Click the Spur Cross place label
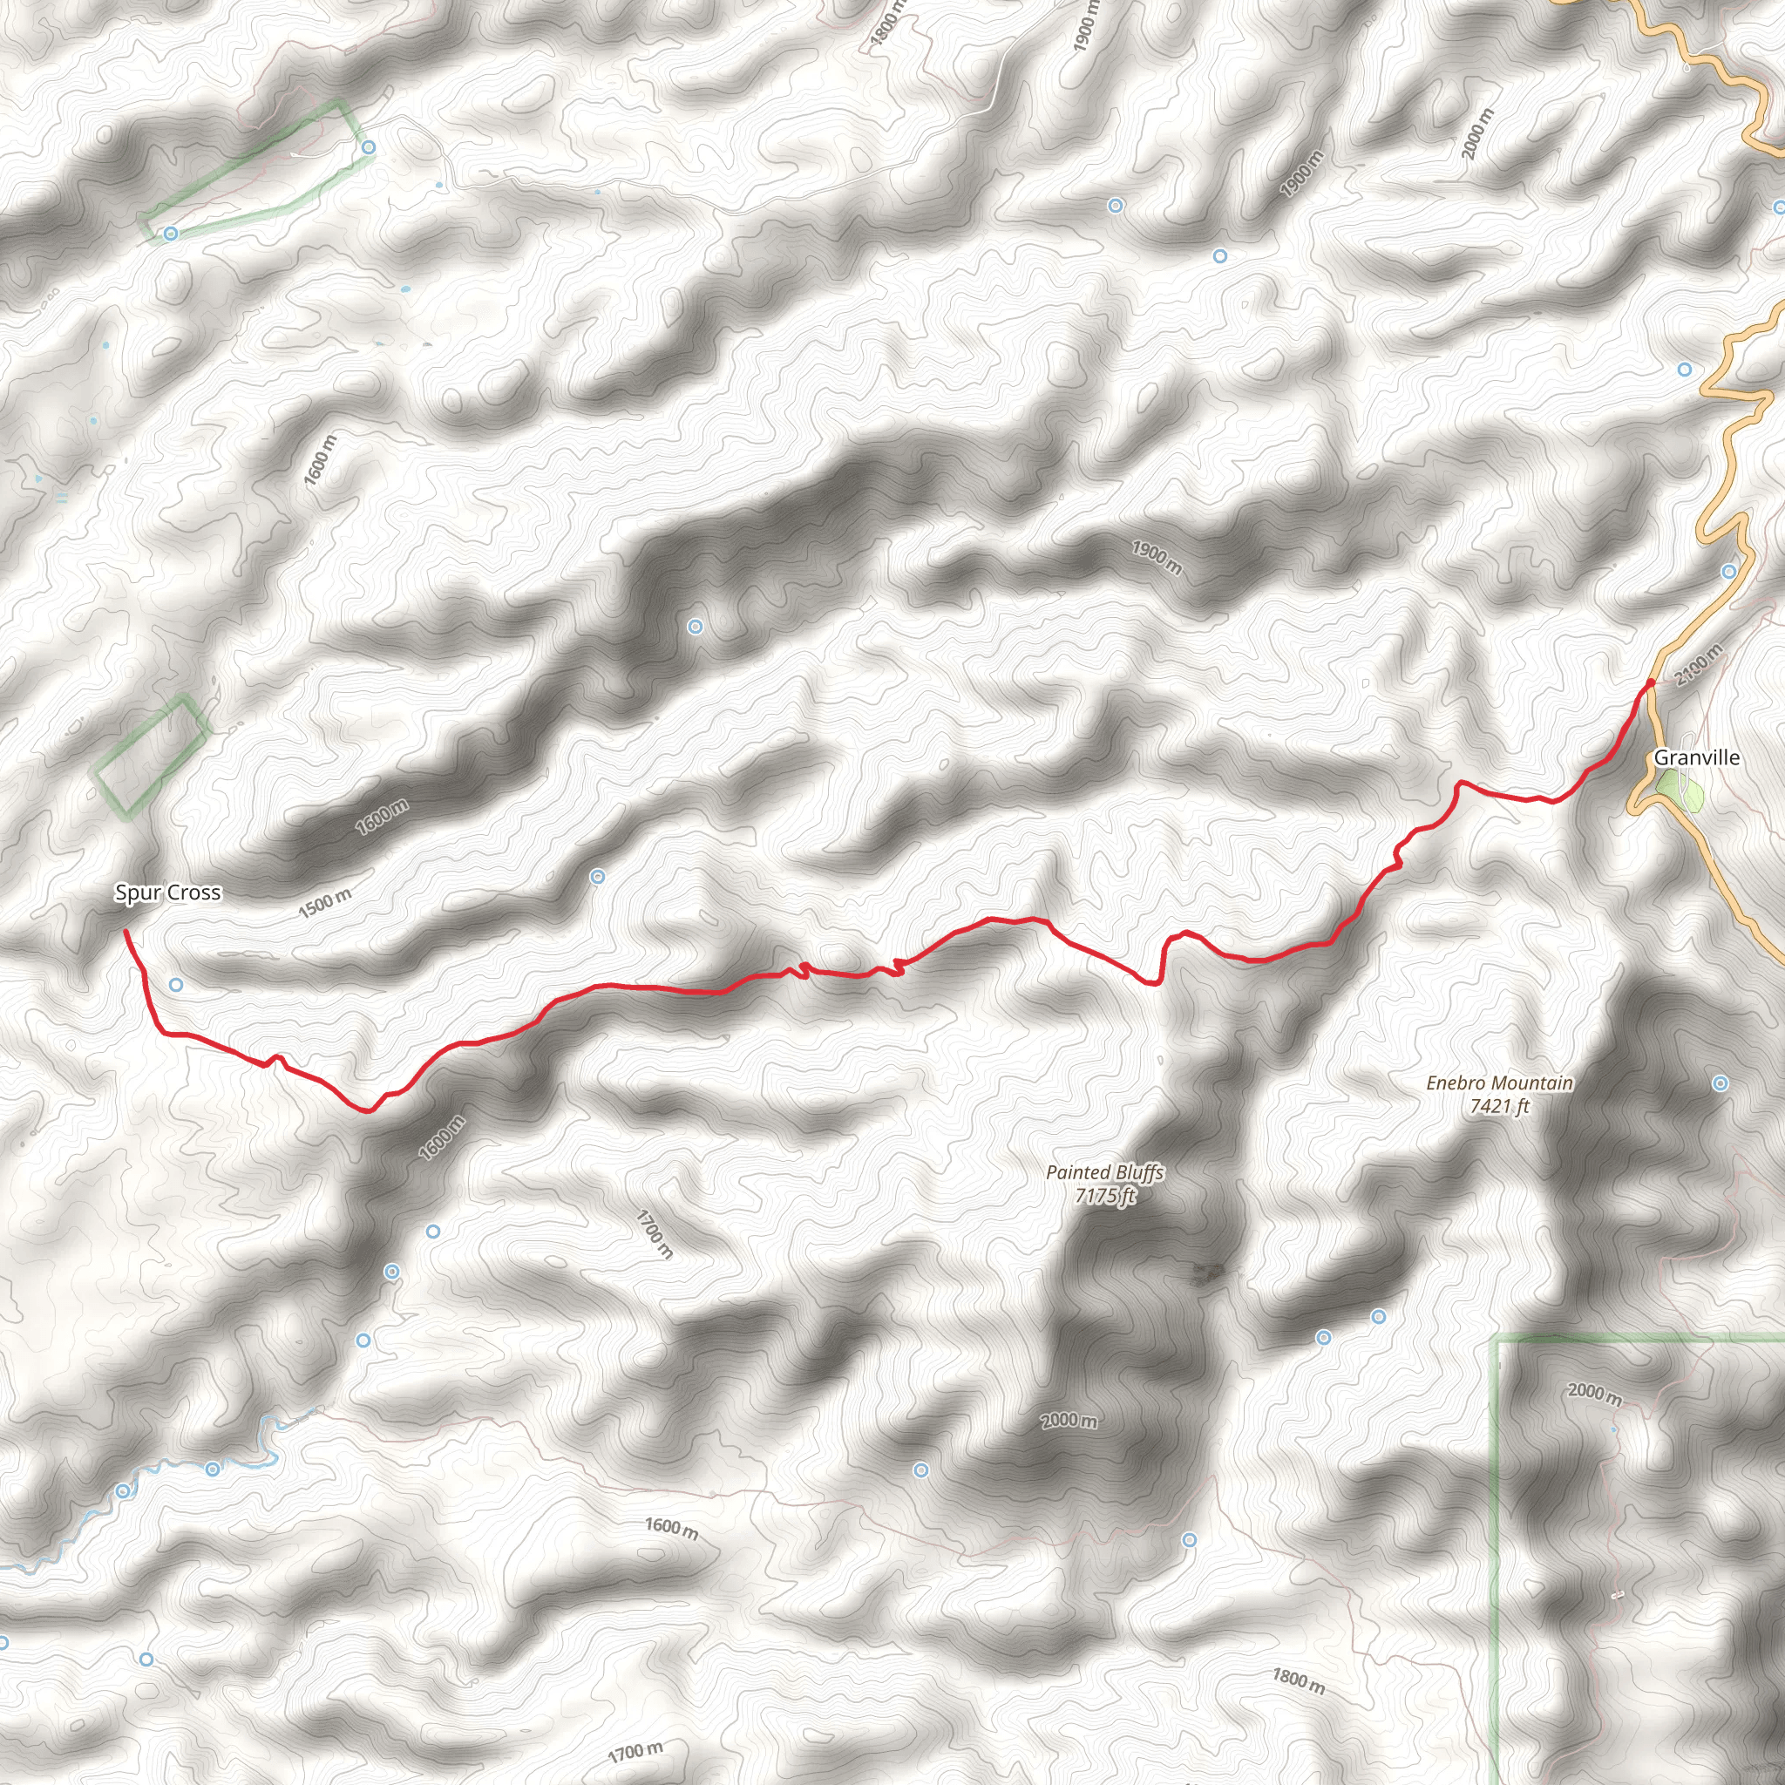pyautogui.click(x=167, y=892)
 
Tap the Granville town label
pyautogui.click(x=1696, y=757)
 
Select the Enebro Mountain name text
pyautogui.click(x=1499, y=1083)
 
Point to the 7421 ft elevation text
pyautogui.click(x=1499, y=1106)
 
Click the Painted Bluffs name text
pyautogui.click(x=1105, y=1172)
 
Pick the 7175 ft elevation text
pyautogui.click(x=1105, y=1196)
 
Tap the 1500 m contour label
pyautogui.click(x=324, y=903)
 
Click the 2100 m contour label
pyautogui.click(x=1698, y=664)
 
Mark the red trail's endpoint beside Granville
pyautogui.click(x=1650, y=683)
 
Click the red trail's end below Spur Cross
pyautogui.click(x=126, y=932)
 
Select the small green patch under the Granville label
pyautogui.click(x=1679, y=793)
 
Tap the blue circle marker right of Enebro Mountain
pyautogui.click(x=1720, y=1083)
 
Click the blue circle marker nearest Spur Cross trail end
pyautogui.click(x=175, y=985)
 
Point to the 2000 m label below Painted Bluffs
pyautogui.click(x=1069, y=1420)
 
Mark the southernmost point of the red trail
pyautogui.click(x=368, y=1110)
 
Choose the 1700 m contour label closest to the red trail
pyautogui.click(x=655, y=1233)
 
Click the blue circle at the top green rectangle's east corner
pyautogui.click(x=369, y=148)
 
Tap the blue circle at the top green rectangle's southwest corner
pyautogui.click(x=170, y=234)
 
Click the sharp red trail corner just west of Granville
pyautogui.click(x=1460, y=784)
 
